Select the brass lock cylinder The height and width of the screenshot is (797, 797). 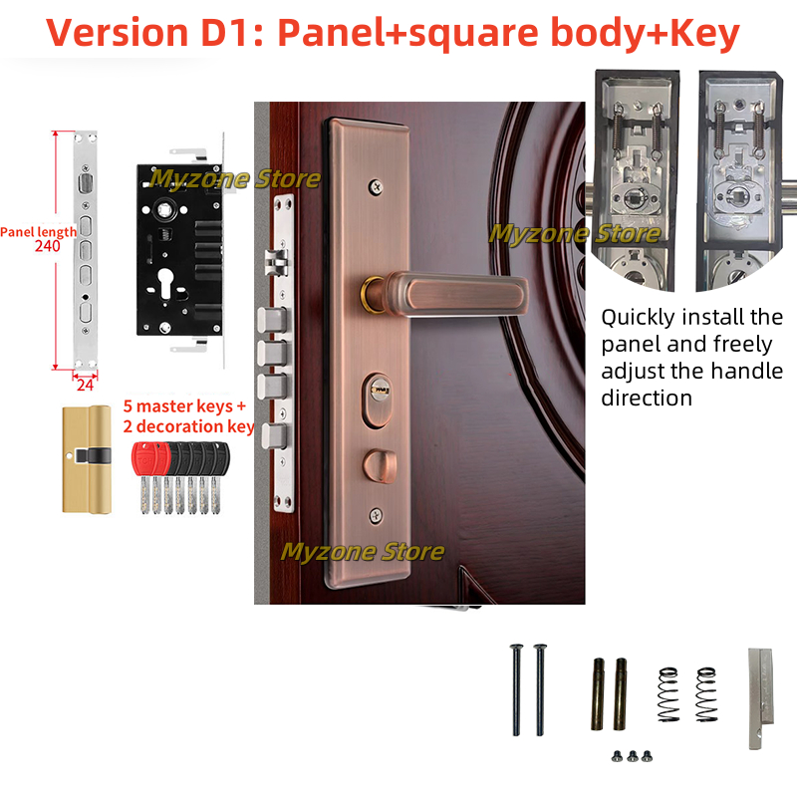pyautogui.click(x=86, y=458)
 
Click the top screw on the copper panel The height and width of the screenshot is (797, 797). pyautogui.click(x=375, y=185)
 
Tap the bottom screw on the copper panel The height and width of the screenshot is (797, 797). pyautogui.click(x=375, y=514)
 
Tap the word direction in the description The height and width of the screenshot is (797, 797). pyautogui.click(x=646, y=398)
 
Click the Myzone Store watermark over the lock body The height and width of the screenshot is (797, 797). pyautogui.click(x=235, y=179)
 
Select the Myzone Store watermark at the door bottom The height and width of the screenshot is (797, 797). pyautogui.click(x=363, y=551)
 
